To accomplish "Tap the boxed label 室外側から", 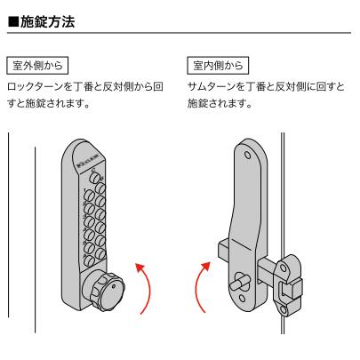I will [37, 64].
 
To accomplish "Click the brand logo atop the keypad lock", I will [88, 164].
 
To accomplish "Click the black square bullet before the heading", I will [12, 20].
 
